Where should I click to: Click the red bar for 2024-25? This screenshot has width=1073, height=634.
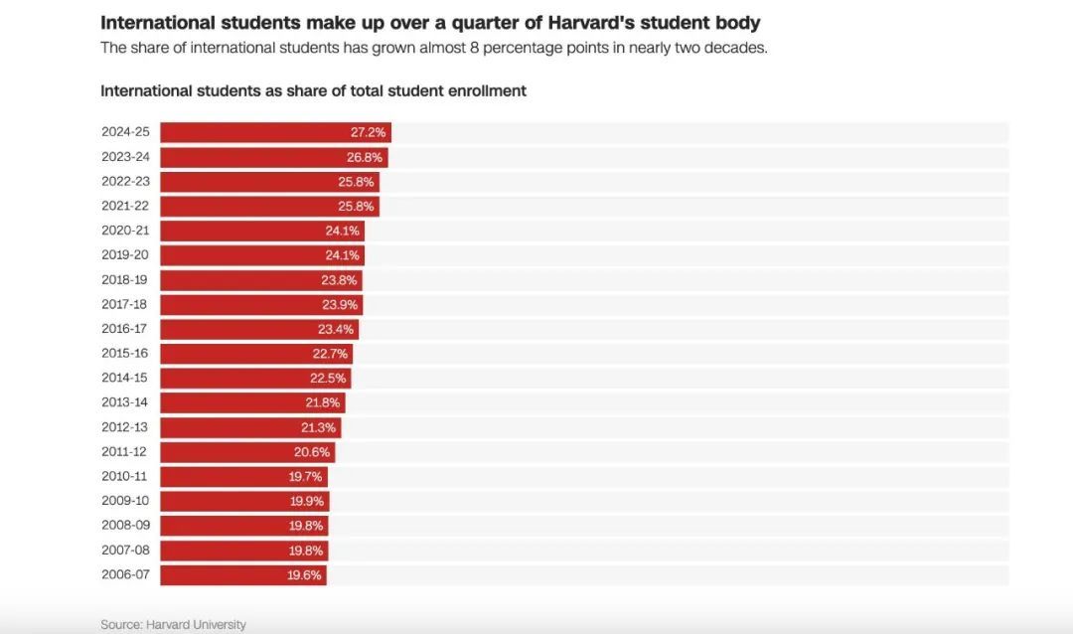click(x=276, y=132)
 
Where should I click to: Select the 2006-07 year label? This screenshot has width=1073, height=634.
click(x=125, y=574)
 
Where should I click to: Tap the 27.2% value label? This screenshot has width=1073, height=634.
click(x=369, y=132)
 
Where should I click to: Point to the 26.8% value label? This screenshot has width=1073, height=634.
click(x=364, y=157)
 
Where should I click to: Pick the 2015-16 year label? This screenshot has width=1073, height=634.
click(x=124, y=354)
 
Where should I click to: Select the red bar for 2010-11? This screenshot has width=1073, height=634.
click(x=244, y=477)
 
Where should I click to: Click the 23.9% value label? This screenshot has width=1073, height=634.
click(x=340, y=305)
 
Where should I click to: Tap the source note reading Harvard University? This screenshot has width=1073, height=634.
click(x=196, y=624)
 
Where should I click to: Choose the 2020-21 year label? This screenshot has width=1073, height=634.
click(x=125, y=230)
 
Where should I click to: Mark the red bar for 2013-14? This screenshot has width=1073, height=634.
click(x=252, y=402)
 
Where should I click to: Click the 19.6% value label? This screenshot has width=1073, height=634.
click(x=304, y=575)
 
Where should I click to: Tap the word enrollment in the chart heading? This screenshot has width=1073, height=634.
click(x=487, y=91)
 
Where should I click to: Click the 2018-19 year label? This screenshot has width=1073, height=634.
click(x=124, y=279)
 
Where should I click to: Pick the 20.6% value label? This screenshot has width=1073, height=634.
click(x=311, y=452)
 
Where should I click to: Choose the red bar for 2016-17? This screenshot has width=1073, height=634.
click(x=259, y=329)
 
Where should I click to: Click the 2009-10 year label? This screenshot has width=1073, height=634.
click(x=125, y=501)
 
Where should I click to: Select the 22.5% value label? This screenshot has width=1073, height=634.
click(x=328, y=378)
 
